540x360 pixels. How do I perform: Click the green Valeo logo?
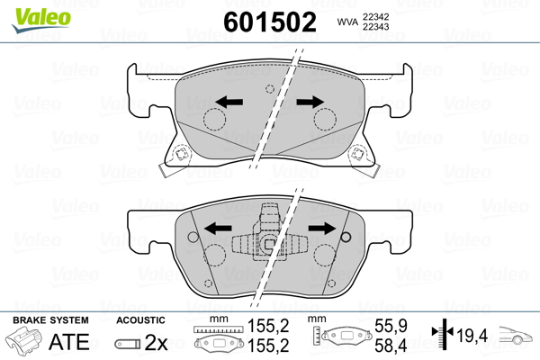[x=41, y=20]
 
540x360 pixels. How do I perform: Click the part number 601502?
[x=270, y=22]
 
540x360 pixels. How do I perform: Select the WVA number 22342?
[x=375, y=16]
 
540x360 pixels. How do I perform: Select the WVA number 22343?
[x=375, y=26]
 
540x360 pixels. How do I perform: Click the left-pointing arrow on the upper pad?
[x=229, y=102]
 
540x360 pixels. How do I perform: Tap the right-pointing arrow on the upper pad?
[x=310, y=102]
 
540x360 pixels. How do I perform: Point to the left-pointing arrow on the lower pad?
[x=218, y=228]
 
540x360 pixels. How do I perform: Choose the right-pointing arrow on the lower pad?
[x=322, y=228]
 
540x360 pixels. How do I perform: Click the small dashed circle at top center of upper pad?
[x=270, y=89]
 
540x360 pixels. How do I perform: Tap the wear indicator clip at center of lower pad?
[x=269, y=237]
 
